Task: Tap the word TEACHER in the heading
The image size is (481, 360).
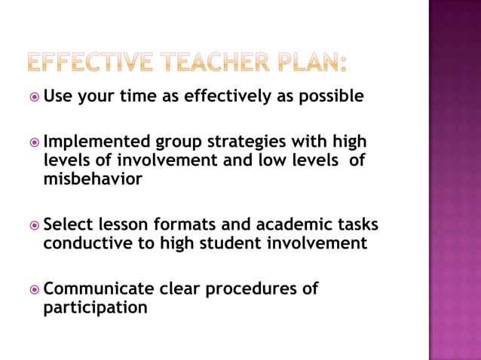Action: [x=216, y=62]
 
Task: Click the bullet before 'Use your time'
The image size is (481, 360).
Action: [x=34, y=97]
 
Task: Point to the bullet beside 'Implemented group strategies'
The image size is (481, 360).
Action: [x=34, y=142]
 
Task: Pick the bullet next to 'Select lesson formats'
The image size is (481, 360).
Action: [x=34, y=225]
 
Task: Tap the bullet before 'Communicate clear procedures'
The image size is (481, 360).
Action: [x=34, y=289]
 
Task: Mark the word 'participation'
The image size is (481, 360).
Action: [x=95, y=308]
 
